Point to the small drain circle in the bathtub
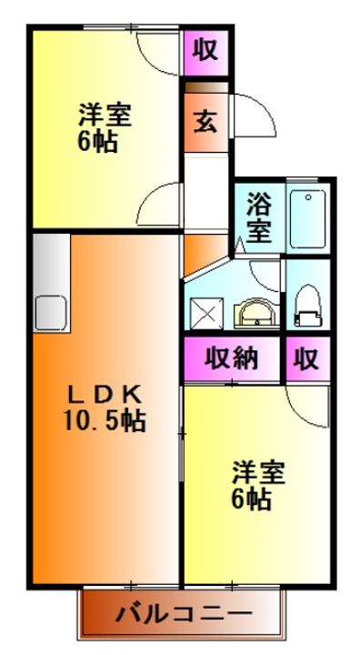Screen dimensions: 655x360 [x=309, y=196]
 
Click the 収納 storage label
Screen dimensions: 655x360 [x=230, y=358]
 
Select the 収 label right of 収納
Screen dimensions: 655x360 [x=306, y=358]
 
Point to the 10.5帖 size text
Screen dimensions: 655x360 [x=105, y=420]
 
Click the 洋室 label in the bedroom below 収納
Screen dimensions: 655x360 [x=259, y=473]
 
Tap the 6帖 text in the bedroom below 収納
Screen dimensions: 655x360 [x=250, y=499]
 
